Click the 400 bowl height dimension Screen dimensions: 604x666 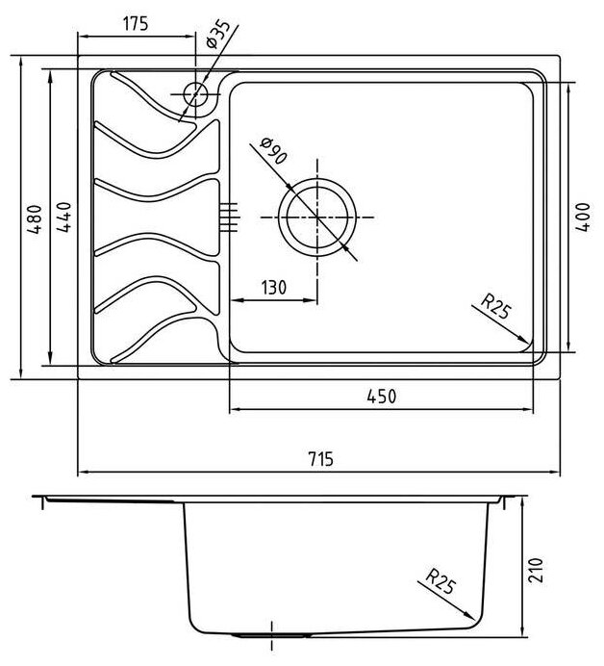pos(582,218)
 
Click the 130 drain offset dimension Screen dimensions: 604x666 pos(274,287)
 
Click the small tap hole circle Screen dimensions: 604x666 pos(195,94)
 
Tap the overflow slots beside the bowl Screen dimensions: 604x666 pos(229,216)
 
